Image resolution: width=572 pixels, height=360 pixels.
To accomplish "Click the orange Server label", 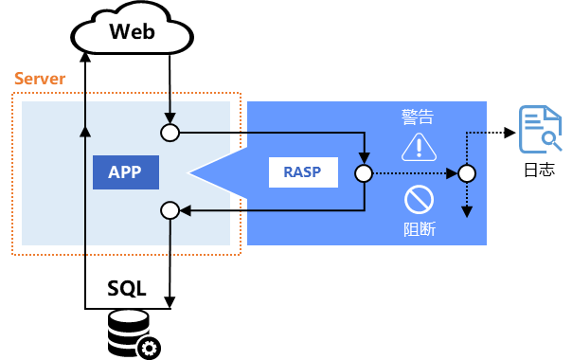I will [40, 79].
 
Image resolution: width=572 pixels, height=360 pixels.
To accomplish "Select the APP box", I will [125, 172].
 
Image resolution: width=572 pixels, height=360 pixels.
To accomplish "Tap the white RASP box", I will [302, 172].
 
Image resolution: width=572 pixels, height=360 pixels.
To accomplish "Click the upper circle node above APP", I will [170, 133].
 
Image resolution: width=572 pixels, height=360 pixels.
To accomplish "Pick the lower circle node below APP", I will [170, 210].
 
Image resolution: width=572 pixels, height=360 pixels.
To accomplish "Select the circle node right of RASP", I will [364, 173].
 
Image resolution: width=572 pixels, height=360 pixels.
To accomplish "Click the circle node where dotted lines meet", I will [466, 173].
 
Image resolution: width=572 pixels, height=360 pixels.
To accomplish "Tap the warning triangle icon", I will [418, 147].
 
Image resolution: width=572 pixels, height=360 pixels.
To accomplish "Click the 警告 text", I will [418, 117].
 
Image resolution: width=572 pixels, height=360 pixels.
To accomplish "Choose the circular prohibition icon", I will [419, 199].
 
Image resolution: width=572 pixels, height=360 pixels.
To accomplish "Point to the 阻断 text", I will [419, 228].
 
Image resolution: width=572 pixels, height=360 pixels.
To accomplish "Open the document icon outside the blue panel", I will [539, 129].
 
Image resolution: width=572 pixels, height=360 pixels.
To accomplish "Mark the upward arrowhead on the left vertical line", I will [85, 131].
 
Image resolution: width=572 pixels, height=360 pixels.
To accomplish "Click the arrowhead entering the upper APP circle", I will [170, 118].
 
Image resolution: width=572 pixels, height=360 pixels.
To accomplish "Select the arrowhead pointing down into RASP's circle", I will [364, 158].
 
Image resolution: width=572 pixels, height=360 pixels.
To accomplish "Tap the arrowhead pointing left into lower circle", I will [186, 210].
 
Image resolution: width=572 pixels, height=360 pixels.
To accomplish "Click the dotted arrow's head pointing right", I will [452, 173].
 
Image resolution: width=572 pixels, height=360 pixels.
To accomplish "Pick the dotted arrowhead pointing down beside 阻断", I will [466, 212].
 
